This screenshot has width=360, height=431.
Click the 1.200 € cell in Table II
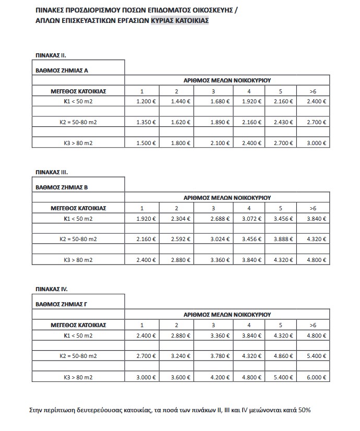pos(146,101)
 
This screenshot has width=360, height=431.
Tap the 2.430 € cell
pos(284,123)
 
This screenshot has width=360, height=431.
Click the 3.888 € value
pos(284,240)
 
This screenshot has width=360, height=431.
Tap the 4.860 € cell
pos(284,356)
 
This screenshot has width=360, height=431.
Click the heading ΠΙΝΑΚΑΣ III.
pos(51,171)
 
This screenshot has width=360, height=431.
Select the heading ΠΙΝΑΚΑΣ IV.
pos(51,289)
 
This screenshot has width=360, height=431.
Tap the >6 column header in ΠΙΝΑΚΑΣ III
pos(313,208)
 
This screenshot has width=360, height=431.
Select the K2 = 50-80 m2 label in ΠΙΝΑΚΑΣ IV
pos(78,356)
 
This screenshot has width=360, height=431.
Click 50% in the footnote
pos(304,410)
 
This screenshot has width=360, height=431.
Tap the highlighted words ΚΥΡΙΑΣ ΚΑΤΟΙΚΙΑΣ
pos(180,20)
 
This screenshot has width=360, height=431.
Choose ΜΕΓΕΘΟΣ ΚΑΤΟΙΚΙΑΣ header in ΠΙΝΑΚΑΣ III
pos(78,208)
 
